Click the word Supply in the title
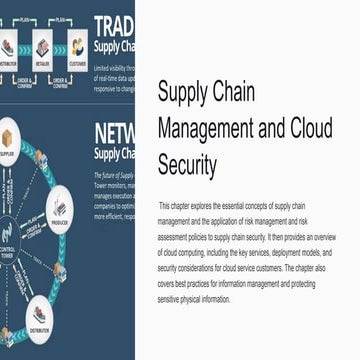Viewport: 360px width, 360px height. click(x=183, y=93)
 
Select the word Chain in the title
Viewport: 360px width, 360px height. click(x=234, y=93)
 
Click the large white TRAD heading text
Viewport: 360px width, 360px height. click(x=113, y=26)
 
